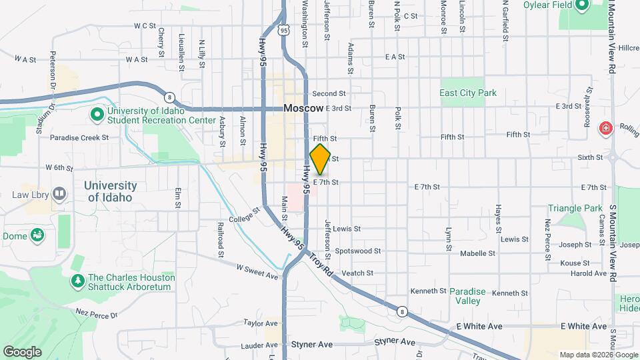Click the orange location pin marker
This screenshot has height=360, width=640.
tap(321, 159)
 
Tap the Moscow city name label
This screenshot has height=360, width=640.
tap(303, 108)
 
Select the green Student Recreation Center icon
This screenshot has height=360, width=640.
tap(97, 115)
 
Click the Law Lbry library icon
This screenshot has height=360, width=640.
tap(59, 195)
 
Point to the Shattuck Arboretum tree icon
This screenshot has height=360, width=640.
tap(78, 281)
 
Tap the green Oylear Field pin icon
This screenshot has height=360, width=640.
tap(581, 6)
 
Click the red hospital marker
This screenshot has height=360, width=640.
tap(606, 128)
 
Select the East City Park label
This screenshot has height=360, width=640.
tap(468, 93)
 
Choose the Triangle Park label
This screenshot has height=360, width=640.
tap(575, 209)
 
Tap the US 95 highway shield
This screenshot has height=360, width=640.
tap(285, 30)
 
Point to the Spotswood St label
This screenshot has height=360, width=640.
tap(357, 251)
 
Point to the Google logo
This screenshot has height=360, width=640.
tap(22, 351)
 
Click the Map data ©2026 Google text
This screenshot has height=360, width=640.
tap(598, 355)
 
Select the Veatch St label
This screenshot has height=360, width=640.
tap(357, 273)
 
